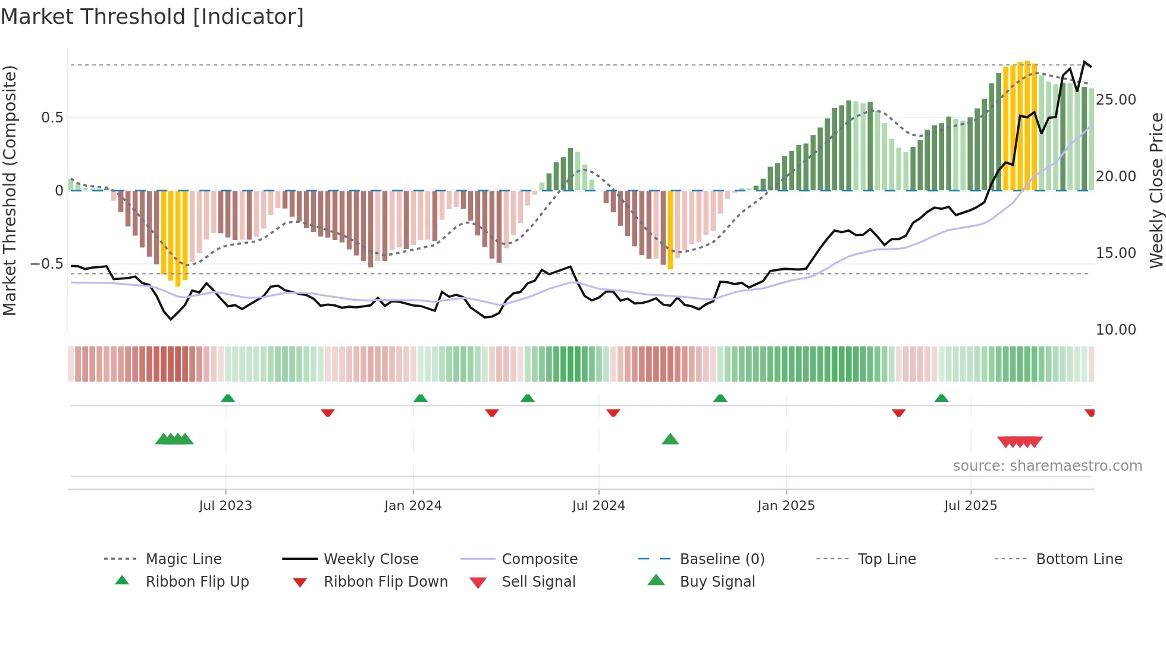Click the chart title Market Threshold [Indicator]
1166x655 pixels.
click(x=152, y=17)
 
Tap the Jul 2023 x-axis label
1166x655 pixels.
click(x=225, y=505)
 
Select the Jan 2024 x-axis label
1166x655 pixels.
click(x=413, y=505)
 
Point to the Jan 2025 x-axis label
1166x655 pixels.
click(x=786, y=505)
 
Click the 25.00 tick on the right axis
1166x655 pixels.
click(x=1116, y=99)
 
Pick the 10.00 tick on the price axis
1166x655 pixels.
click(x=1116, y=329)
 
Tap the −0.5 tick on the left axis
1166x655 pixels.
click(x=47, y=263)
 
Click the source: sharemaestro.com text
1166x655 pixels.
click(x=1047, y=465)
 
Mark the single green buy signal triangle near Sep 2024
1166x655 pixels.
click(x=670, y=439)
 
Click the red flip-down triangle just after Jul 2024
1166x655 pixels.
click(x=613, y=412)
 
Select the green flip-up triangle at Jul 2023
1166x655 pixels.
click(x=228, y=398)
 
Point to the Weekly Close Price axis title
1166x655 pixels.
click(x=1156, y=190)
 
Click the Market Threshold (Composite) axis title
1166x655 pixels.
click(x=10, y=190)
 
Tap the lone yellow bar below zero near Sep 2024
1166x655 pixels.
click(x=670, y=231)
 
